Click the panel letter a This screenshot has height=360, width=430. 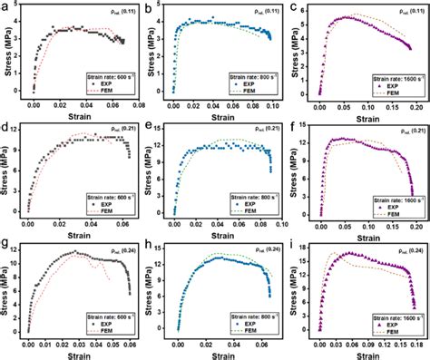tap(6, 6)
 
